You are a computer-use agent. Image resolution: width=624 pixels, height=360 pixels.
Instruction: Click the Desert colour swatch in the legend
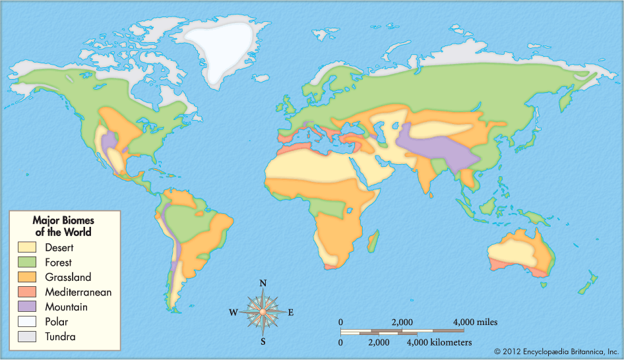click(27, 248)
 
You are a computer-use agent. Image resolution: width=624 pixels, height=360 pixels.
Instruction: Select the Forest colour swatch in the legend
click(27, 262)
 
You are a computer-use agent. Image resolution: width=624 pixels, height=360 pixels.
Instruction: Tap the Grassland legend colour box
click(27, 278)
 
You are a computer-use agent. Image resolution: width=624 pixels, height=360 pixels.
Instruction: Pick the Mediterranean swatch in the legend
click(27, 292)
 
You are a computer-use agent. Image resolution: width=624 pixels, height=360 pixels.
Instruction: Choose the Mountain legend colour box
click(27, 307)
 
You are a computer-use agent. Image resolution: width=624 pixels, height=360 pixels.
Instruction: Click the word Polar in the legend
click(57, 322)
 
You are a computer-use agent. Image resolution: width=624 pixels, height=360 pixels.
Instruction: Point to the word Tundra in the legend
click(60, 337)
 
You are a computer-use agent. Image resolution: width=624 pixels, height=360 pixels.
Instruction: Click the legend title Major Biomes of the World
click(63, 226)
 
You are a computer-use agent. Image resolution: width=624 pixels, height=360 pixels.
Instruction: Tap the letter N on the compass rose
click(263, 284)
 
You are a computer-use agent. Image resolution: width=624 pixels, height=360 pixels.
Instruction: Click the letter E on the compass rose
click(291, 313)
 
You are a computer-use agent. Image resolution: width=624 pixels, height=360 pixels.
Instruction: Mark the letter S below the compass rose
click(263, 341)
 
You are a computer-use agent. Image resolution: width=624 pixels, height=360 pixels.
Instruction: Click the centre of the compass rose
click(263, 312)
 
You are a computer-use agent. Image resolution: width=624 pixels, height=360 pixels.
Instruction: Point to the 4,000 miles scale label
click(474, 322)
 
